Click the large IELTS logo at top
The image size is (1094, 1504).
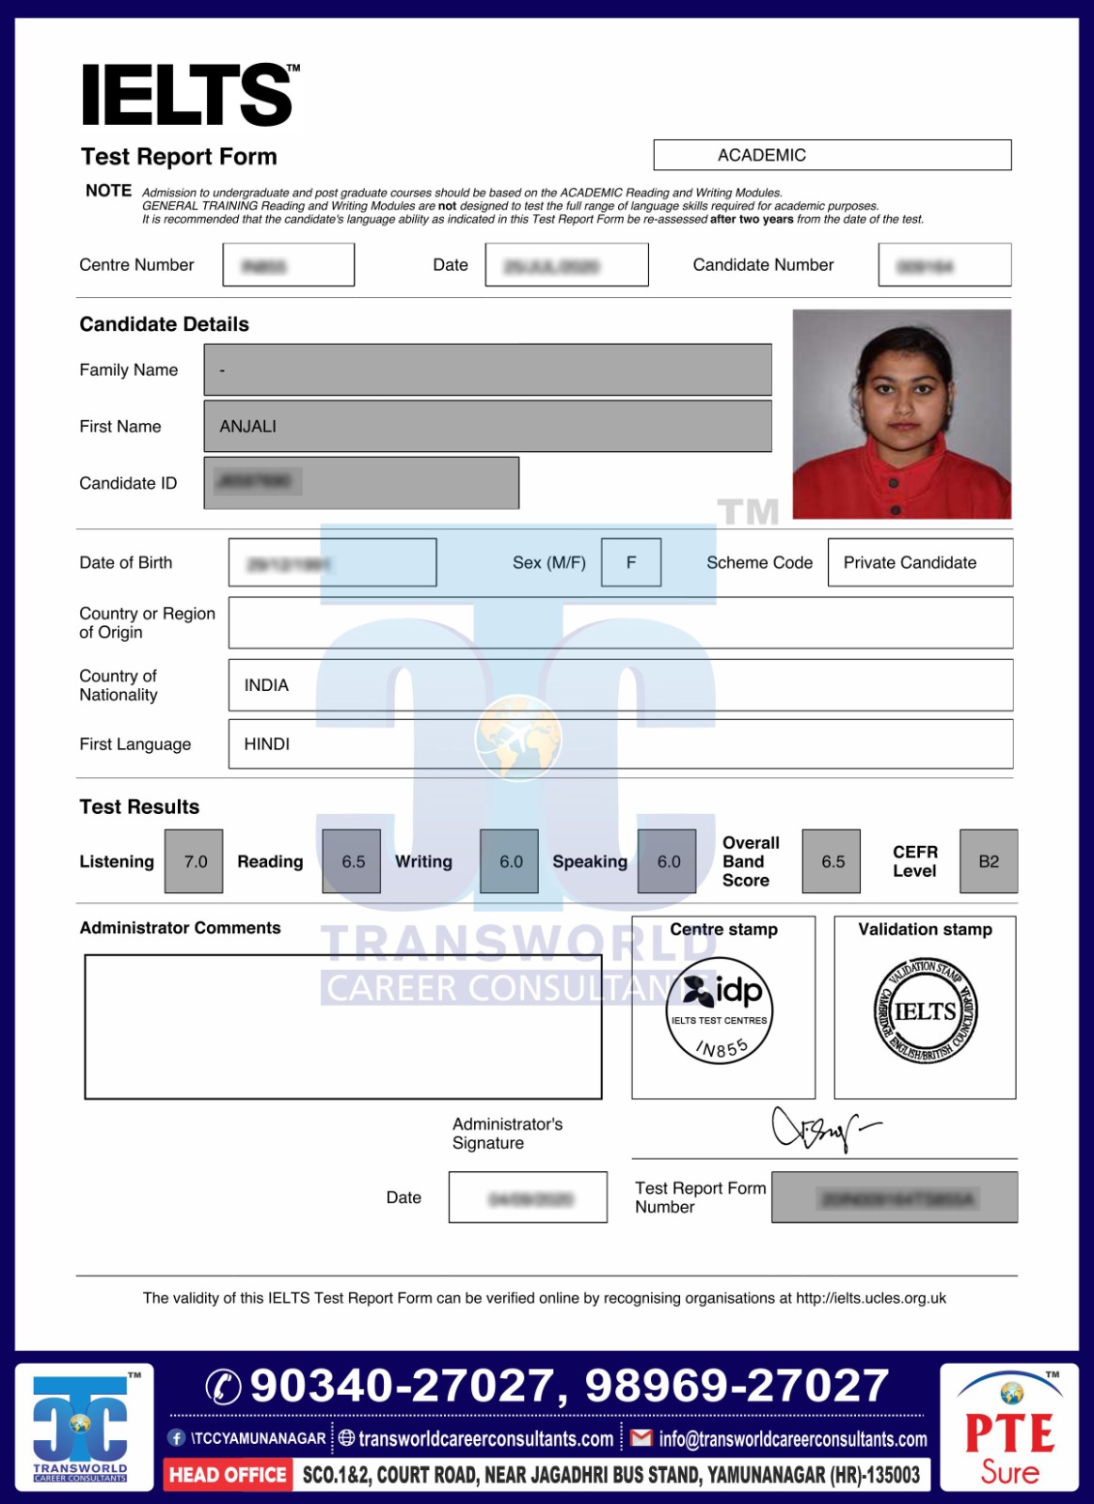click(189, 95)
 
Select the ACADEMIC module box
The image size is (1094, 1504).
click(832, 155)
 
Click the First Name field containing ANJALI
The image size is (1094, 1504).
click(487, 426)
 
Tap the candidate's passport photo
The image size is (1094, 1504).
click(901, 414)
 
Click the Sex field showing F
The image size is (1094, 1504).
click(630, 562)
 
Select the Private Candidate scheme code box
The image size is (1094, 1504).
click(919, 562)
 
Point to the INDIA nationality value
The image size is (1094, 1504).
click(267, 685)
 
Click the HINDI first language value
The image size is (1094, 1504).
click(267, 744)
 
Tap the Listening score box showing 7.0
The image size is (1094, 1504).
click(194, 861)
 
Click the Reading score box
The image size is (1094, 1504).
click(352, 861)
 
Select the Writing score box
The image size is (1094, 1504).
click(509, 861)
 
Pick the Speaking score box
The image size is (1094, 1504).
click(667, 861)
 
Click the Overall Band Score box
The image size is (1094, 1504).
click(832, 861)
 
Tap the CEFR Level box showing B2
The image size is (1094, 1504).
click(989, 861)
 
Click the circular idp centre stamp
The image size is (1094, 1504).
click(720, 1010)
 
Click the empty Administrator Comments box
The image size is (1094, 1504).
click(342, 1026)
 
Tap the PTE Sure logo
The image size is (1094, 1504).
click(1009, 1430)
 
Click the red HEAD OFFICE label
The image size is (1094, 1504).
click(228, 1475)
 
